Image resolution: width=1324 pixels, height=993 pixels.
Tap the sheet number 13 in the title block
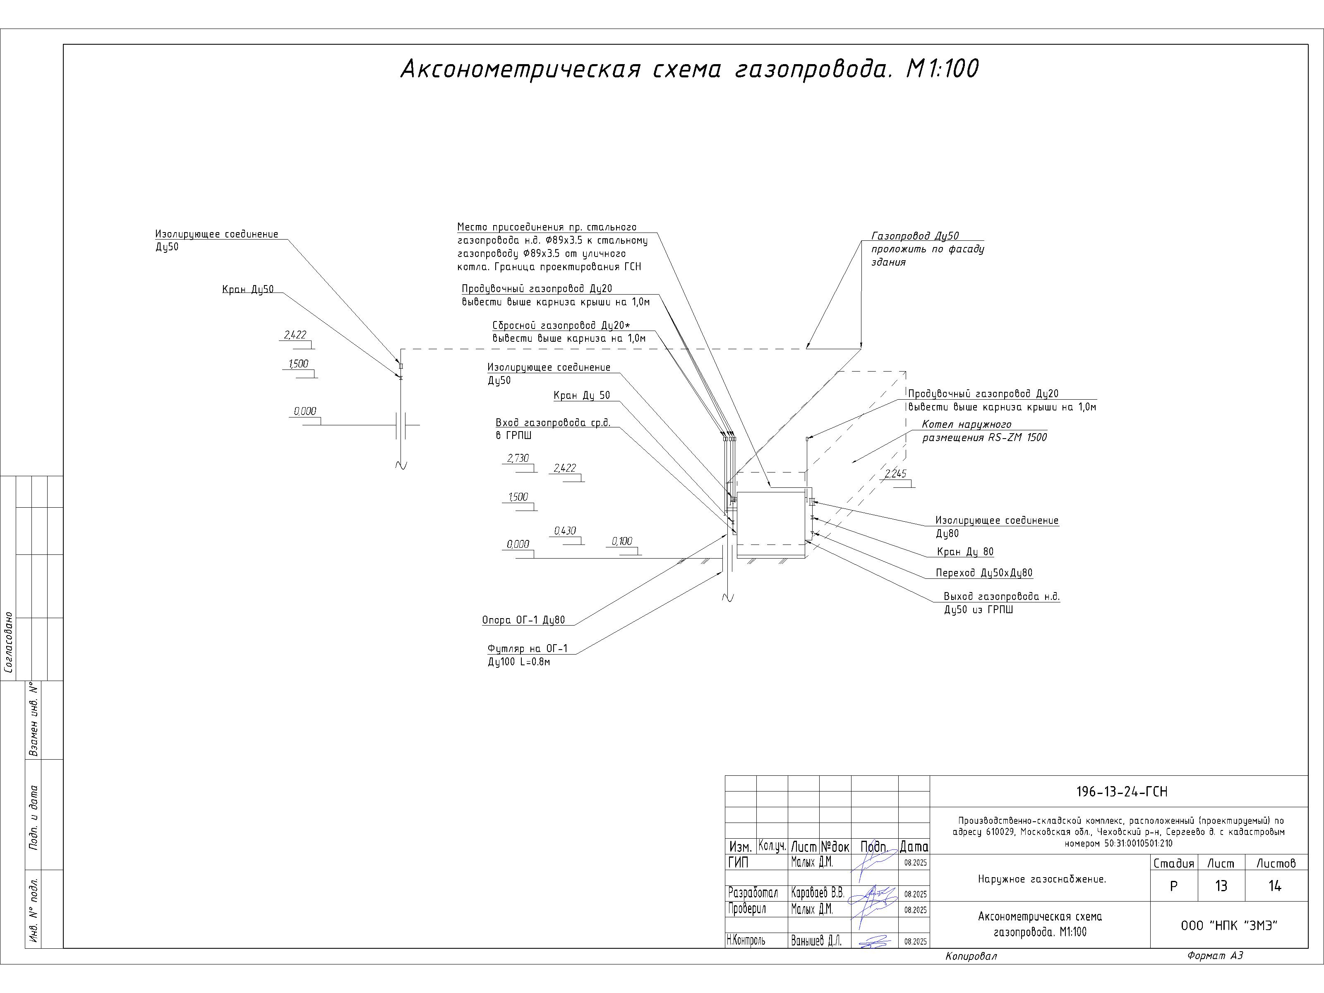click(1221, 886)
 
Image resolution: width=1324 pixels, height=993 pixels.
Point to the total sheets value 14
click(1275, 886)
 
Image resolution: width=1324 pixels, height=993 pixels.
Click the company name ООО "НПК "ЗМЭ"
click(1229, 926)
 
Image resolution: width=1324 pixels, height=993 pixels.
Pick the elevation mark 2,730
click(518, 458)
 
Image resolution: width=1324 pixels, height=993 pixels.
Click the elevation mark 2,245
click(895, 474)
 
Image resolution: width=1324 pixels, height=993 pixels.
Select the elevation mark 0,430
click(565, 531)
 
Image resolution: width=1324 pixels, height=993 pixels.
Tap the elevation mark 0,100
click(622, 542)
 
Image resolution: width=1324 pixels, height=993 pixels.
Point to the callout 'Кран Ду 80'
click(965, 552)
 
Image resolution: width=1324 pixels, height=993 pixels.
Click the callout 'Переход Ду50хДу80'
click(984, 573)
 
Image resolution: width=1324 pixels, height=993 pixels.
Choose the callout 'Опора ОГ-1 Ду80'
click(523, 620)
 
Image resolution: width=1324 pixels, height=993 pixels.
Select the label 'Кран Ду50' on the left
click(248, 290)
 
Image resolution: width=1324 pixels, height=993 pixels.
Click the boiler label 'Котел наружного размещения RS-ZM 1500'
click(984, 431)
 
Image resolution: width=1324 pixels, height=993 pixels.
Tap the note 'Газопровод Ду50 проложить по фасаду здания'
click(927, 249)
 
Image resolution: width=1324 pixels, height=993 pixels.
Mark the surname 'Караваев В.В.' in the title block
click(817, 893)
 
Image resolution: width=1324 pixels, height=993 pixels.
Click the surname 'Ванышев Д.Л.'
click(816, 941)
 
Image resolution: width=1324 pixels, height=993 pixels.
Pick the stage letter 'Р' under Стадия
click(1173, 886)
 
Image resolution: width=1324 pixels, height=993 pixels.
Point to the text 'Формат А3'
click(1215, 956)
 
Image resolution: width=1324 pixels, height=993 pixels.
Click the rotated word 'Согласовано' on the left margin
click(9, 642)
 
